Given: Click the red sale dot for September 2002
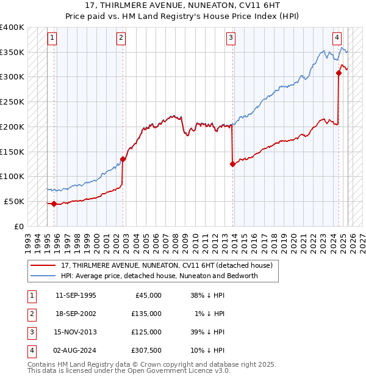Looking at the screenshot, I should coord(123,159).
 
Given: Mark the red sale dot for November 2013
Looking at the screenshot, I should coord(232,164).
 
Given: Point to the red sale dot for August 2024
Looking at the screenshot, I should coord(339,73).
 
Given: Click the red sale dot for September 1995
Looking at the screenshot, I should coord(54,204).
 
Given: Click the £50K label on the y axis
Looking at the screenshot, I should coord(14,201).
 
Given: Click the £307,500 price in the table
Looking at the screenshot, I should coord(147,350).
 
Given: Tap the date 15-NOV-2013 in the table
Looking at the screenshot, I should coord(76,332).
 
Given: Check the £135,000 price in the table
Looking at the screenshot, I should coord(147,314).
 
